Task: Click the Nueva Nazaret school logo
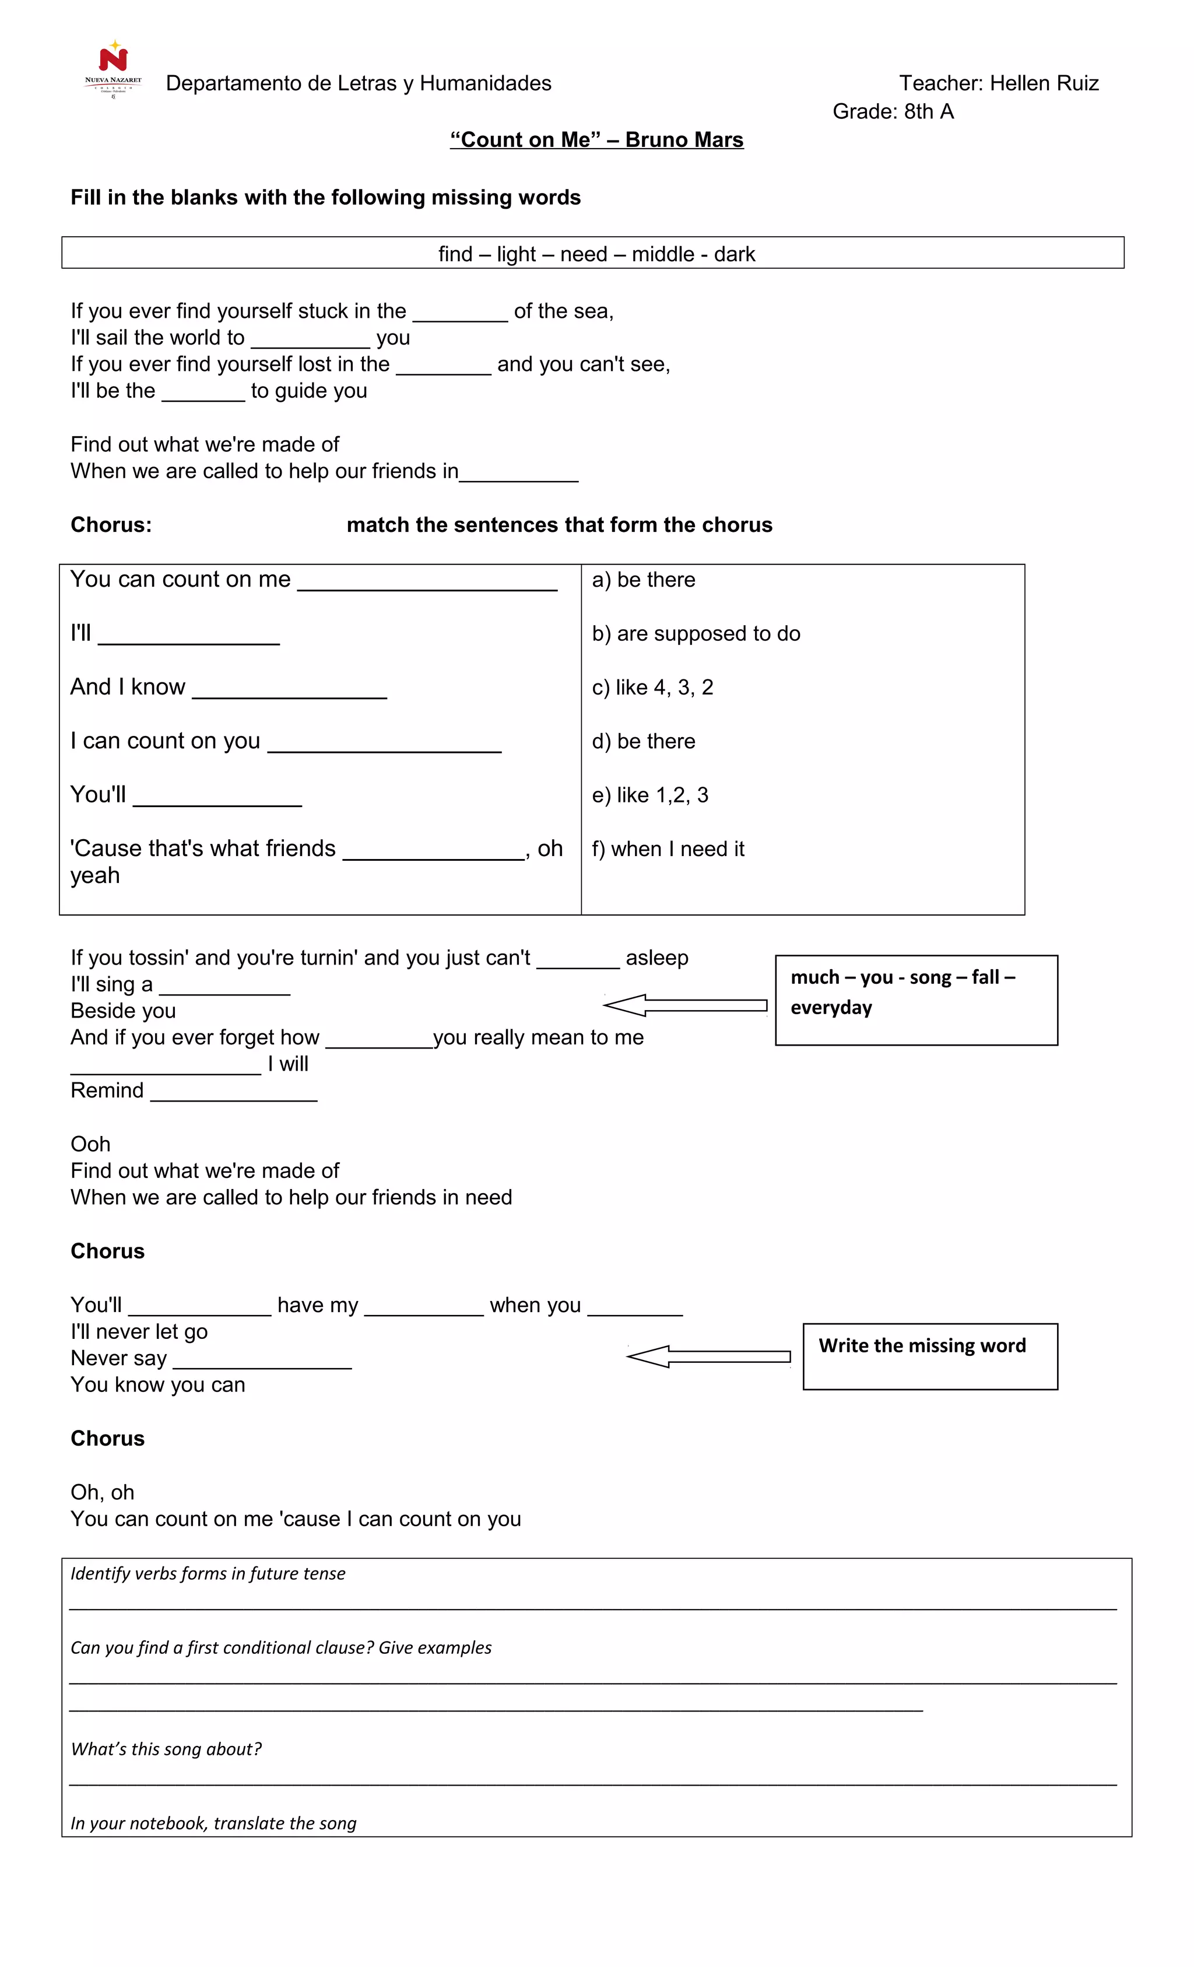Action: pyautogui.click(x=113, y=68)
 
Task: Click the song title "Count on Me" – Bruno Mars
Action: pyautogui.click(x=596, y=140)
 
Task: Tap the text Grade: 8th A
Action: pyautogui.click(x=893, y=112)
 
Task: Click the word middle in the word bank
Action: pyautogui.click(x=662, y=254)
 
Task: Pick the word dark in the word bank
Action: pyautogui.click(x=734, y=254)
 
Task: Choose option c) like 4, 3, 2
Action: pyautogui.click(x=652, y=688)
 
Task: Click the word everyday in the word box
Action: pyautogui.click(x=831, y=1008)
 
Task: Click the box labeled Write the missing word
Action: pyautogui.click(x=930, y=1355)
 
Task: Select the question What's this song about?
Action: pyautogui.click(x=166, y=1749)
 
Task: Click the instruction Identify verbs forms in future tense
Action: pyautogui.click(x=208, y=1573)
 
